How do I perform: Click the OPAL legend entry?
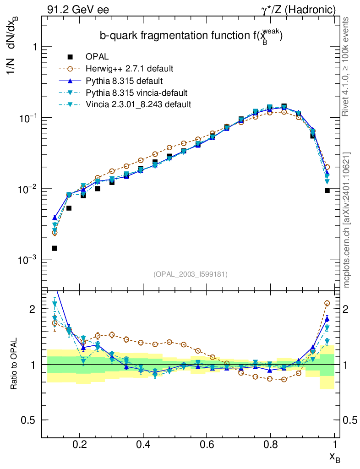[97, 57]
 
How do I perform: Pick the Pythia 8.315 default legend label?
[124, 81]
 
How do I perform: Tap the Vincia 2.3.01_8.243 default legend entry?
[138, 104]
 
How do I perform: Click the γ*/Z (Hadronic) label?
[298, 9]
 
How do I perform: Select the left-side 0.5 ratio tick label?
[30, 420]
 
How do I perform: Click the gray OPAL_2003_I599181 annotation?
[191, 274]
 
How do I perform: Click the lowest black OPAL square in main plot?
[55, 248]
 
